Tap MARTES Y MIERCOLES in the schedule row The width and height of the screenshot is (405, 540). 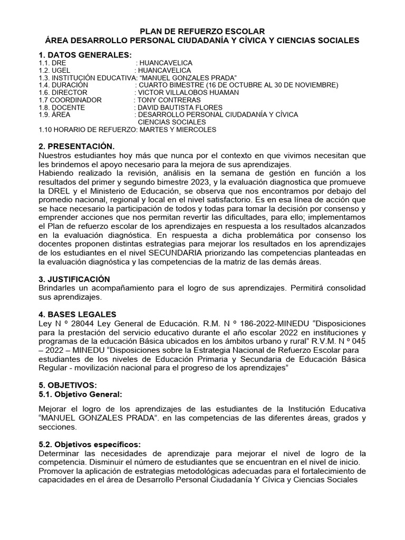(x=176, y=129)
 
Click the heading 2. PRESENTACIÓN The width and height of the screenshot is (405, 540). (x=76, y=146)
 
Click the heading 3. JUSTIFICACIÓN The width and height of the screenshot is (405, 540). (x=74, y=278)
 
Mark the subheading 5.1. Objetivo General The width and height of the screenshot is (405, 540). (x=81, y=394)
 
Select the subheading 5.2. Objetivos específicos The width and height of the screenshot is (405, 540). (x=90, y=445)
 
